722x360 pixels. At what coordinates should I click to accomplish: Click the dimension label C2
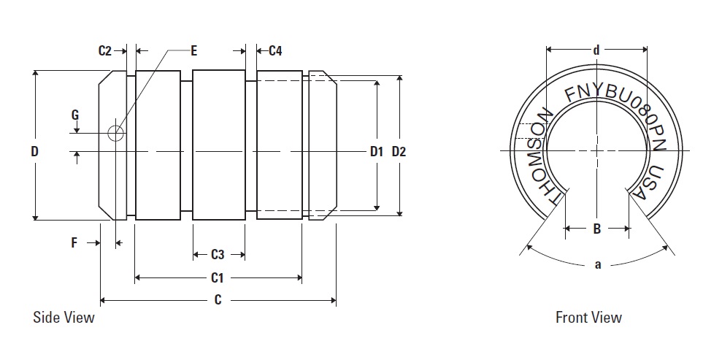coord(105,50)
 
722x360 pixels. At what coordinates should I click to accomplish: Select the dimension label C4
coord(275,50)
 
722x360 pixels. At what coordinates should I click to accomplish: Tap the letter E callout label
coord(193,50)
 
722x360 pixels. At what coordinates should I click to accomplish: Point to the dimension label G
coord(74,115)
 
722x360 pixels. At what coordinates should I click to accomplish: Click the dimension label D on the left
coord(34,152)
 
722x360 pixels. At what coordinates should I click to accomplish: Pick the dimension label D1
coord(377,152)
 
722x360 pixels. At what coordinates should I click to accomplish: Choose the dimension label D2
coord(399,152)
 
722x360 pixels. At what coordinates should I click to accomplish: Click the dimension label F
coord(74,243)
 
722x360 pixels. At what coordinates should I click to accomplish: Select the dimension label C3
coord(218,255)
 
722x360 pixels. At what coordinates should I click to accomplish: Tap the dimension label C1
coord(217,277)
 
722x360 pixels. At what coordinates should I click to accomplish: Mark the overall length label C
coord(218,300)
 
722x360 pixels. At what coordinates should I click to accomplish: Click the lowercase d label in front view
coord(596,50)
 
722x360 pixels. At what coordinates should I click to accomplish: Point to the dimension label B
coord(596,229)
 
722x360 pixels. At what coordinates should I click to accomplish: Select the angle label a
coord(597,264)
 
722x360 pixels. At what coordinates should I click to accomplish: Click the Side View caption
coord(64,318)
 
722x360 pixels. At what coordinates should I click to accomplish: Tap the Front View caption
coord(588,318)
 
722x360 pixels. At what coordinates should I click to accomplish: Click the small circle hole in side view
coord(115,133)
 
